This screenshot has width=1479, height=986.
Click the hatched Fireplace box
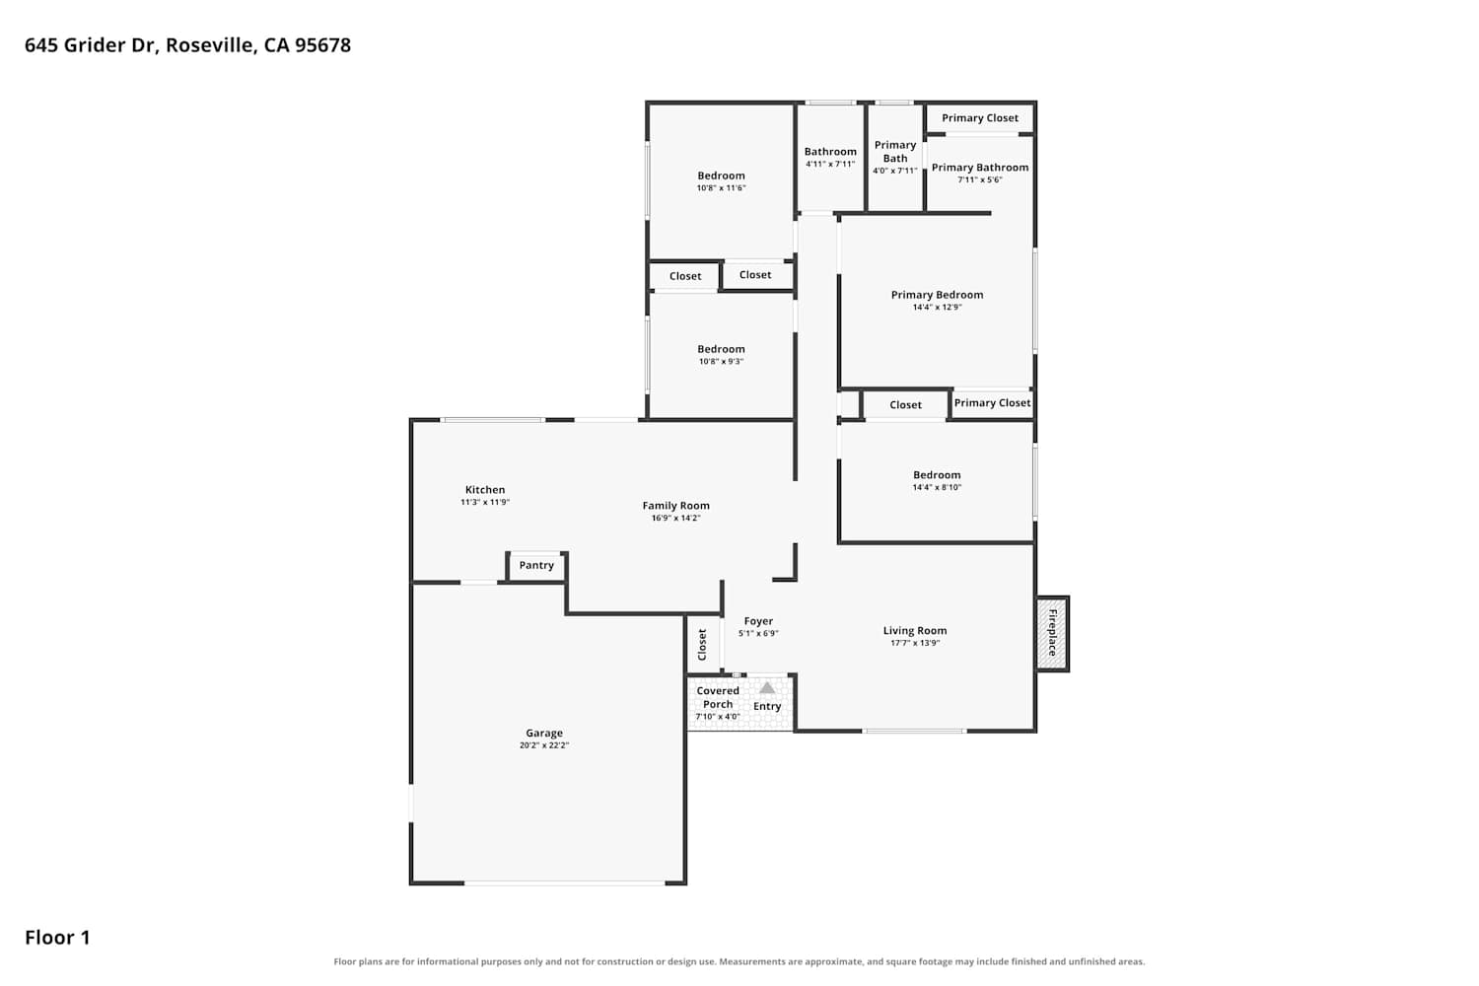click(1052, 633)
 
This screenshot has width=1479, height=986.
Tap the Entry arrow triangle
click(766, 687)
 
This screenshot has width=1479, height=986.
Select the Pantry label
click(536, 565)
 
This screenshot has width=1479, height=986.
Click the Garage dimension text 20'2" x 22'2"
click(544, 745)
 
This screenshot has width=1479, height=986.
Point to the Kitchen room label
click(485, 490)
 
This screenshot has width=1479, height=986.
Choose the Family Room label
click(675, 506)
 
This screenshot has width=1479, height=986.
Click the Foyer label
click(758, 621)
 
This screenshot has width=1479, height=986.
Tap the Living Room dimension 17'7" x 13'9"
click(914, 643)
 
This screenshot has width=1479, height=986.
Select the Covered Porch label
click(718, 697)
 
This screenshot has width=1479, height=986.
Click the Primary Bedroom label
click(937, 295)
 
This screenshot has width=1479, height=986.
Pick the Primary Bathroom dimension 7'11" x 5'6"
click(980, 179)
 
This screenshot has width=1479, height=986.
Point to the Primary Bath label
click(894, 152)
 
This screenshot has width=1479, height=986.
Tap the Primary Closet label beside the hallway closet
click(992, 403)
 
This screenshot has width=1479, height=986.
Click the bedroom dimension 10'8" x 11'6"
click(721, 188)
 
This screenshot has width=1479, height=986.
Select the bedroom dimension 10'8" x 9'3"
click(721, 362)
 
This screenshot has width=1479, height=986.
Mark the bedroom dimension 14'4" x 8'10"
click(937, 488)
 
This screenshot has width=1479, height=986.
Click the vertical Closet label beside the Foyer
click(702, 644)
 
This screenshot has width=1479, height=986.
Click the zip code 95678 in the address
click(322, 45)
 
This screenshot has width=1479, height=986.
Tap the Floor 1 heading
click(57, 938)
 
